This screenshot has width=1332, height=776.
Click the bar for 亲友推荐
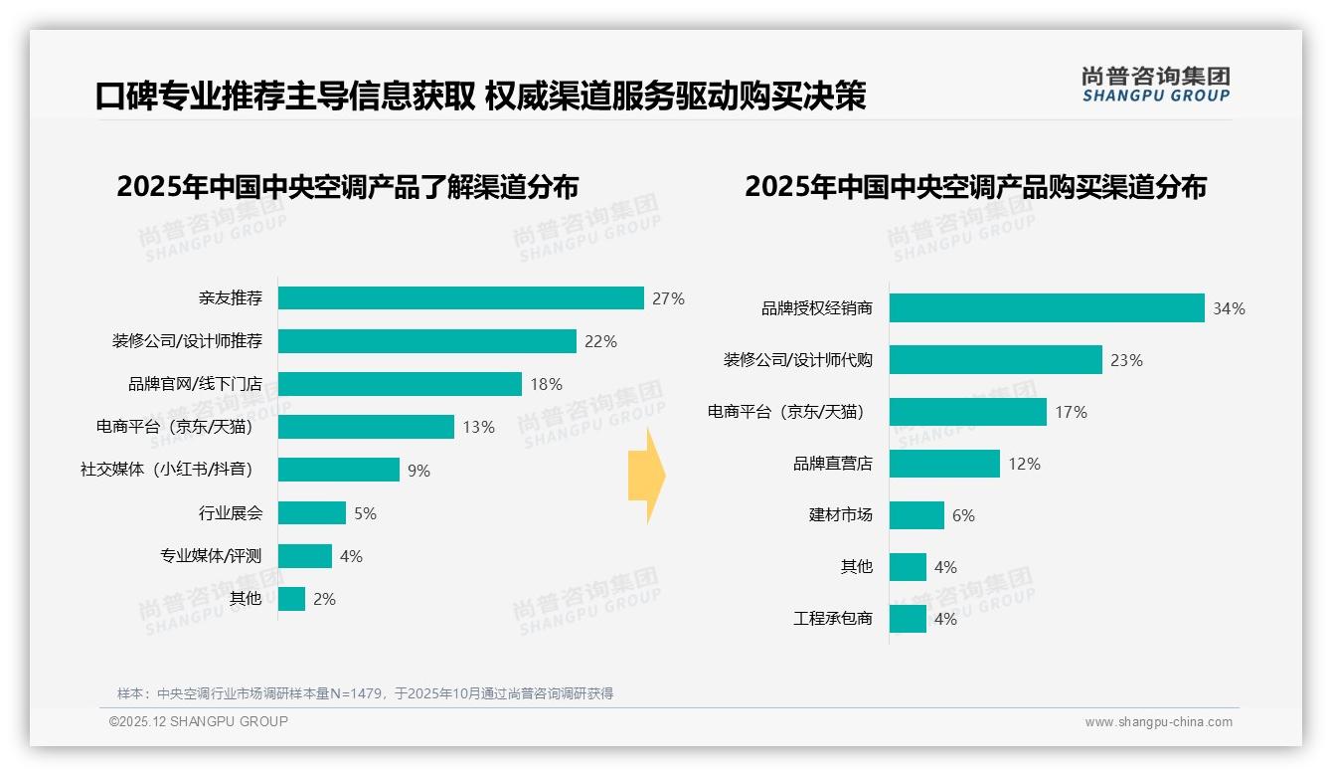coord(460,298)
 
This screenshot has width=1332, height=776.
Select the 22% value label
coord(600,341)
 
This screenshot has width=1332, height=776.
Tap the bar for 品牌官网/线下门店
coord(400,384)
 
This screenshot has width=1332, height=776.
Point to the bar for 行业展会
coord(312,513)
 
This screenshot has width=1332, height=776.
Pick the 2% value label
coord(324,599)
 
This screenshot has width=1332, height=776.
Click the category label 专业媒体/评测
coord(211,556)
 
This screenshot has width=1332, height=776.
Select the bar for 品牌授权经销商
coord(1047,308)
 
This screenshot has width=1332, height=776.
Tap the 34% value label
coord(1229,308)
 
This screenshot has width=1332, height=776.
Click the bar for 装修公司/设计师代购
coord(995,360)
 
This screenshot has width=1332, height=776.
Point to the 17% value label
coord(1071,412)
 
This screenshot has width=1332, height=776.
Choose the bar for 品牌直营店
coord(944,464)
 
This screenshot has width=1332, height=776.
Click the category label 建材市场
coord(840,515)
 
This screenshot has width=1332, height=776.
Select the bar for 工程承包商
coord(908,619)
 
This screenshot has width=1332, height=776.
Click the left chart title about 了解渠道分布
coord(347,187)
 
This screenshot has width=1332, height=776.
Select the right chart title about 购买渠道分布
coord(975,187)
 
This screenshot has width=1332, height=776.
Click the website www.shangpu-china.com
coord(1158,722)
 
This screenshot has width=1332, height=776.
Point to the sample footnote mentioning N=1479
coord(365,693)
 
